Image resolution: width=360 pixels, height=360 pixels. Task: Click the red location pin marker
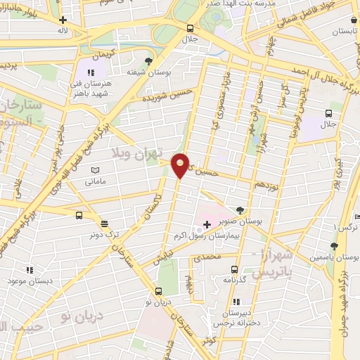tap(180, 165)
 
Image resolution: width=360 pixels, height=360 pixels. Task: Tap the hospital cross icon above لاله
tap(64, 20)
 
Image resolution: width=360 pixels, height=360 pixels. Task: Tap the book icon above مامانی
tap(96, 170)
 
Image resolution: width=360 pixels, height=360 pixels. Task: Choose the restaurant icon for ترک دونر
tap(105, 224)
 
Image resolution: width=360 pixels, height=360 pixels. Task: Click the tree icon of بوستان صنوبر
tap(240, 210)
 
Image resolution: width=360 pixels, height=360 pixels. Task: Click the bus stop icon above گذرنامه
tap(234, 269)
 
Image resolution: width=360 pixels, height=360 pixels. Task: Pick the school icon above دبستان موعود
tap(30, 269)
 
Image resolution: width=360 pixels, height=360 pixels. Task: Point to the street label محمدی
tap(207, 257)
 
